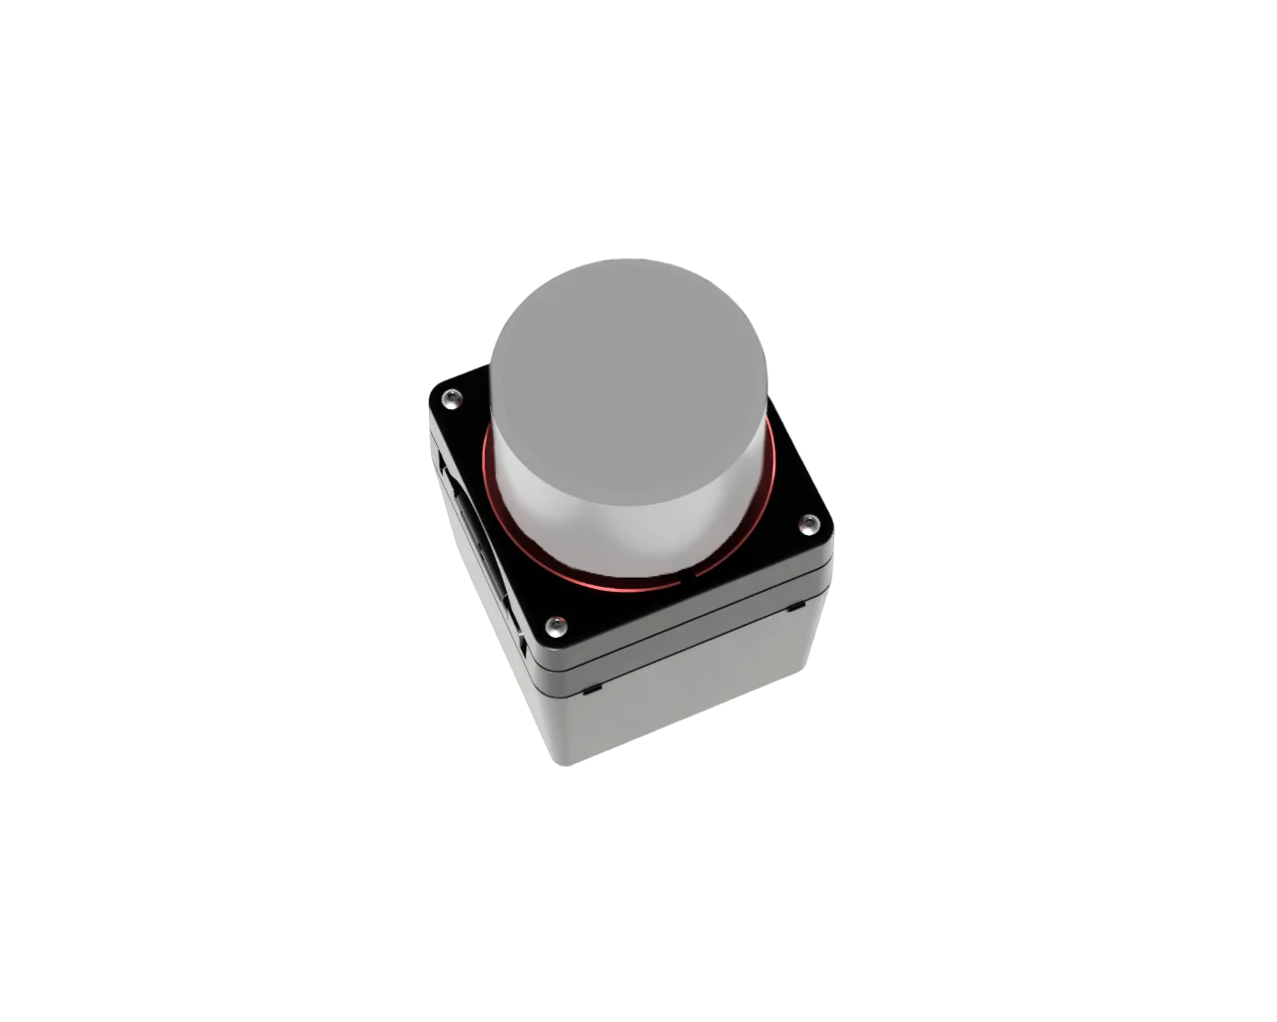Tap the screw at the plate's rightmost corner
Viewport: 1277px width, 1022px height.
808,523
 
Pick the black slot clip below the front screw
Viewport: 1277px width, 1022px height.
592,689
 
